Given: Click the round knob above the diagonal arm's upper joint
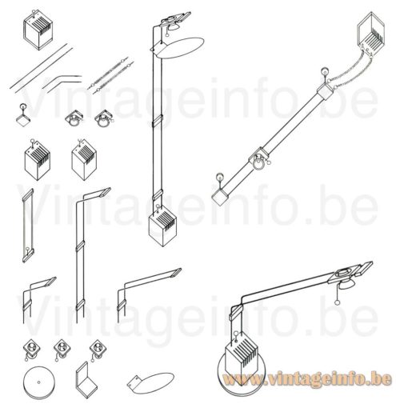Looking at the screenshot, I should [x=324, y=79].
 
